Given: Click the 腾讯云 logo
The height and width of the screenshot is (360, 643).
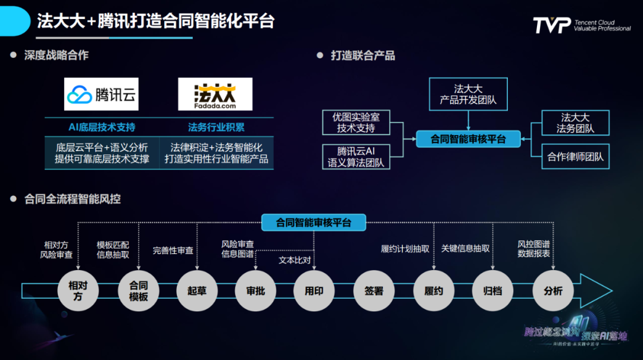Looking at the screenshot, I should tap(101, 94).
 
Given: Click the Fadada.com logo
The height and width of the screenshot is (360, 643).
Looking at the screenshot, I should tap(215, 94).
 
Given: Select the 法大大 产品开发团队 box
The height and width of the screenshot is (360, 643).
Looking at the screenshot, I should tap(468, 93).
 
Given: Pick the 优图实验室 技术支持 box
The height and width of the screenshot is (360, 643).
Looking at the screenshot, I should tap(356, 123).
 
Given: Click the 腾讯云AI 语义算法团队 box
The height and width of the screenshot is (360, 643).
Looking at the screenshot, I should tap(356, 156).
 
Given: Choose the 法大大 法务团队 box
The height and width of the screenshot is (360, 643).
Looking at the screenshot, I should tap(575, 123).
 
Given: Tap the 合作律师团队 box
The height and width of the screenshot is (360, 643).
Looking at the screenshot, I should tap(575, 157).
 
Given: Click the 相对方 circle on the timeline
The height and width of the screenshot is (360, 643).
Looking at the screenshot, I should tap(78, 290).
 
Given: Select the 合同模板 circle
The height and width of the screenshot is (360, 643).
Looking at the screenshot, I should tap(138, 290).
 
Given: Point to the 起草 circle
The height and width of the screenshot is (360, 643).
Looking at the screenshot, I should tap(197, 290).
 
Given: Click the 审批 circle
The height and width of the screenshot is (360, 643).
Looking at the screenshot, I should tap(255, 290).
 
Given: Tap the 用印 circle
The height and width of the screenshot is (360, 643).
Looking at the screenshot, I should tap(314, 290).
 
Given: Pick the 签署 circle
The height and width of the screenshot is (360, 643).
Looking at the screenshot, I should tap(374, 290).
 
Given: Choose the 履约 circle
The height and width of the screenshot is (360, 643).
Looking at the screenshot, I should tap(433, 290).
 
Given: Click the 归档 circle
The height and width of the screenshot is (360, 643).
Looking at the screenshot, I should tap(492, 290).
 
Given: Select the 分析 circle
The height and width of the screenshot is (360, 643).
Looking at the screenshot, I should tap(553, 290).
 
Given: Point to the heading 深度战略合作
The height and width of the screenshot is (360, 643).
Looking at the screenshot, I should tap(56, 55).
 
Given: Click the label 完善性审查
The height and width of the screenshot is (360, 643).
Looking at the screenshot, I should tap(173, 251).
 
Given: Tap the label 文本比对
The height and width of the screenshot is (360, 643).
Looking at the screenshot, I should tap(294, 260).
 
